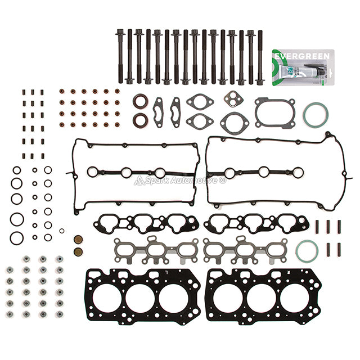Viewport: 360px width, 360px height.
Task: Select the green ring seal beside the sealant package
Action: tap(315, 115)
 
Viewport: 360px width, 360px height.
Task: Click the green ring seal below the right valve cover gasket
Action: tap(307, 251)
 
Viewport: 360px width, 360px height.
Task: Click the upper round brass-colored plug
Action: tap(79, 240)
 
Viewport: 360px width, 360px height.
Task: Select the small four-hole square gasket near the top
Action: tap(231, 98)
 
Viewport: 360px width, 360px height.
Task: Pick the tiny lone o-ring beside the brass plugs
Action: tap(61, 231)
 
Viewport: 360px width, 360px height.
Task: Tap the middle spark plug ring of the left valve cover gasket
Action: tap(127, 173)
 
